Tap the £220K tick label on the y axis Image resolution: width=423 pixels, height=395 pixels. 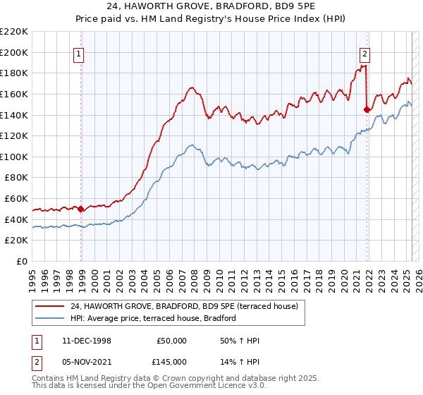click(x=14, y=32)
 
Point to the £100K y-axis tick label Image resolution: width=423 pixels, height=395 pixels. click(x=14, y=157)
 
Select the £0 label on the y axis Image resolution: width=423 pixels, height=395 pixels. click(x=21, y=261)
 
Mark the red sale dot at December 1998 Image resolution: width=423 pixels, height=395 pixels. click(x=81, y=209)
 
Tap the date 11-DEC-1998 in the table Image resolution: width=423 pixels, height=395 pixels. click(x=87, y=341)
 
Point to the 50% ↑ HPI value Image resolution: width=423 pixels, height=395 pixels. click(x=240, y=341)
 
